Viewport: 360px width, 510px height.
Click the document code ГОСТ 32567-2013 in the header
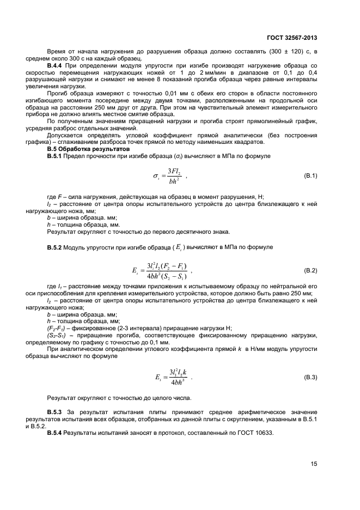coord(291,38)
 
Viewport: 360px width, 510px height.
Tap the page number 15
coord(314,464)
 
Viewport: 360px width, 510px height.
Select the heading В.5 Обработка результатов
coord(88,149)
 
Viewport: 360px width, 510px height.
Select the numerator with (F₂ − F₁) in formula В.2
coord(168,266)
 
